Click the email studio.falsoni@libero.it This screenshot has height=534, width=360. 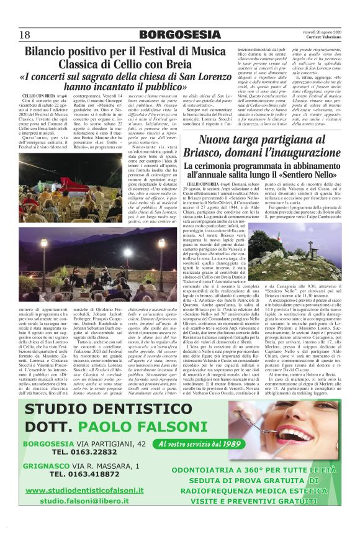[x=91, y=500]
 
